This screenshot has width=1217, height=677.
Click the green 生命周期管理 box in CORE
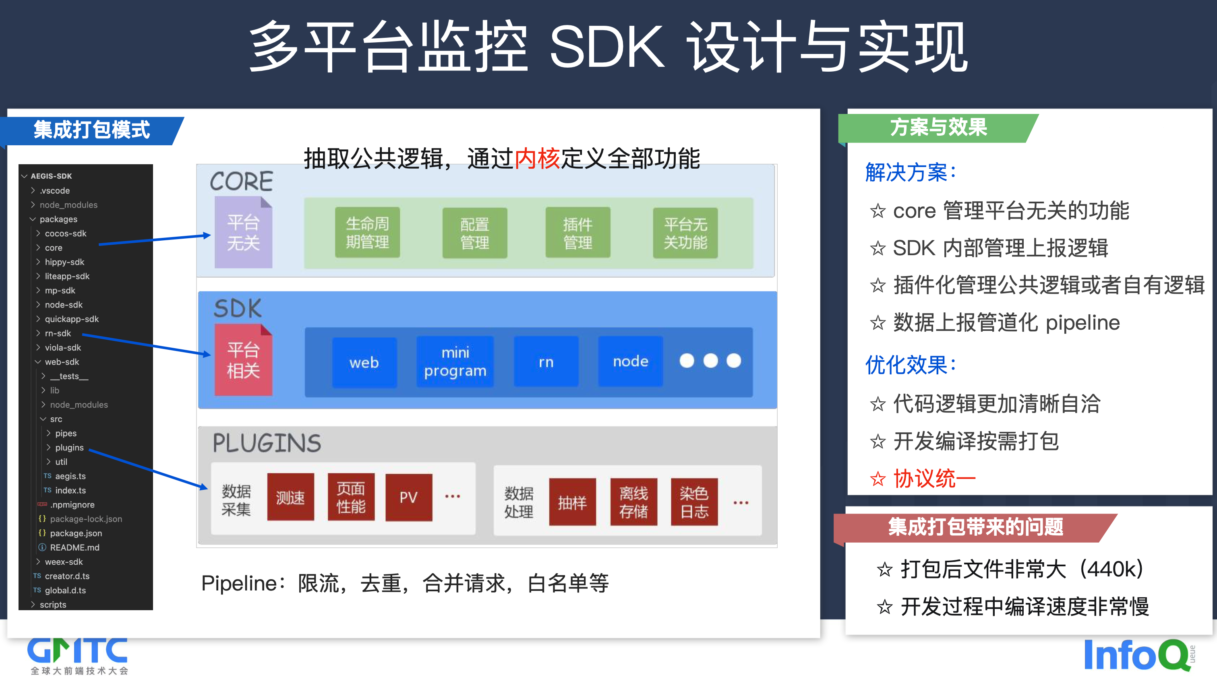click(367, 232)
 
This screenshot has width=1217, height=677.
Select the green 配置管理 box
click(474, 233)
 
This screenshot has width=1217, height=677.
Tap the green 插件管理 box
click(577, 233)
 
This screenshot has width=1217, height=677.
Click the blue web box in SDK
click(364, 362)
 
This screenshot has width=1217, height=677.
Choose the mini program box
click(455, 361)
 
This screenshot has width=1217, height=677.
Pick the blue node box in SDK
click(630, 361)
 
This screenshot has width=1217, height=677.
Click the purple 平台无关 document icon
click(243, 232)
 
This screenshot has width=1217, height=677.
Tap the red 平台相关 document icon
click(243, 360)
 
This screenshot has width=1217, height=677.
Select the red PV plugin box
click(409, 497)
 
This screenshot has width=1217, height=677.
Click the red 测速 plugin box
click(290, 497)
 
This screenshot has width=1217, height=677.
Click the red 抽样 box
click(572, 502)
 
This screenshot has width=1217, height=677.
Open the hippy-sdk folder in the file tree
click(64, 262)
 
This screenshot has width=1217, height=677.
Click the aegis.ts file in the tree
click(70, 476)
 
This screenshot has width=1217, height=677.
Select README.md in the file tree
click(74, 547)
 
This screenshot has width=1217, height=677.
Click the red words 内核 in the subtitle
click(537, 158)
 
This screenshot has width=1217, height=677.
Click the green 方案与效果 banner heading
click(938, 128)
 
